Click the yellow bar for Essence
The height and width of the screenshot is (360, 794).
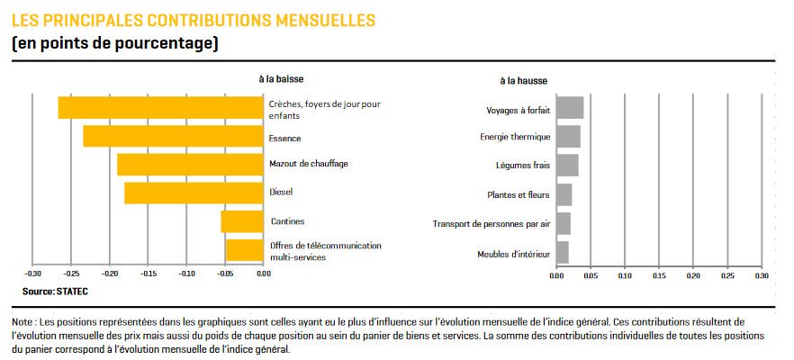point(174,136)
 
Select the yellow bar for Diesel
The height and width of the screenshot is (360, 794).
point(194,193)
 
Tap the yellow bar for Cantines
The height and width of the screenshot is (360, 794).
point(242,221)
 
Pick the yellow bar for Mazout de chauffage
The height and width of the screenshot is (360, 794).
point(190,165)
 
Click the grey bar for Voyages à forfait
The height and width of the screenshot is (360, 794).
point(570,108)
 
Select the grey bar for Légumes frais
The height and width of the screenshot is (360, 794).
point(567,166)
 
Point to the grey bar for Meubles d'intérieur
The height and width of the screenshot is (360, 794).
point(562,252)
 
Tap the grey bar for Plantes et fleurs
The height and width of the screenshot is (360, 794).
point(564,194)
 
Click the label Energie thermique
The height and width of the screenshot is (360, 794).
point(515,137)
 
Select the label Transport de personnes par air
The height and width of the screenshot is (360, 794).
point(491,224)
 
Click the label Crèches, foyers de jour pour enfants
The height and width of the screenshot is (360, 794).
point(325,110)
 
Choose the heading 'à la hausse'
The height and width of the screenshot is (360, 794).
point(523,81)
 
